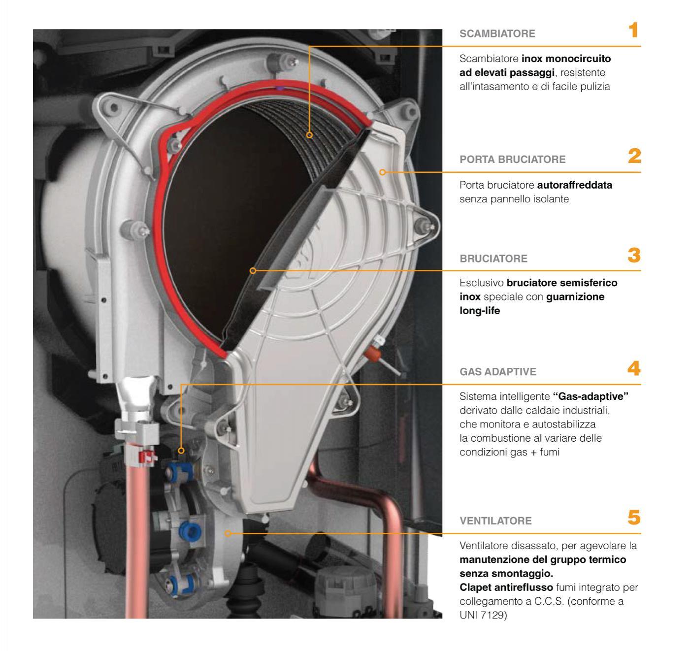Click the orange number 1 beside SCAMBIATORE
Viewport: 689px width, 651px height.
click(x=634, y=30)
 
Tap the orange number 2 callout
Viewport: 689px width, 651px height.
click(x=634, y=156)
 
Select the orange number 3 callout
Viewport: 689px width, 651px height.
click(x=634, y=255)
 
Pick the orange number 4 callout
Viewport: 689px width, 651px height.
click(x=634, y=368)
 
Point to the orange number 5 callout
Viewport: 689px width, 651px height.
click(x=634, y=518)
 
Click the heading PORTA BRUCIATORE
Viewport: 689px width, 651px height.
click(x=512, y=160)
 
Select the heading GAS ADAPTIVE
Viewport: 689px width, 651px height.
click(x=498, y=372)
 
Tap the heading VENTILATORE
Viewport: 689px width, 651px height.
click(x=495, y=521)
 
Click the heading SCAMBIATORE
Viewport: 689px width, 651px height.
click(x=497, y=33)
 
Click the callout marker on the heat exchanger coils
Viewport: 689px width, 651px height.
click(x=309, y=135)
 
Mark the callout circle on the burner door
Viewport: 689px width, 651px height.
click(x=382, y=172)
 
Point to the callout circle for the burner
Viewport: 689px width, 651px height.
click(x=253, y=271)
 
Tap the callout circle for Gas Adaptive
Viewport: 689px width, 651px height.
click(x=181, y=451)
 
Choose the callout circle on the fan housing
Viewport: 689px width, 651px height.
click(x=228, y=533)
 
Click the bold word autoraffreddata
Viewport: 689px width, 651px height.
click(x=575, y=185)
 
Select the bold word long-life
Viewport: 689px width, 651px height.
click(x=480, y=311)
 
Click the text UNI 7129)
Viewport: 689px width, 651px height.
click(x=483, y=615)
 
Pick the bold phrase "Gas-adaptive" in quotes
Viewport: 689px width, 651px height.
click(x=591, y=396)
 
